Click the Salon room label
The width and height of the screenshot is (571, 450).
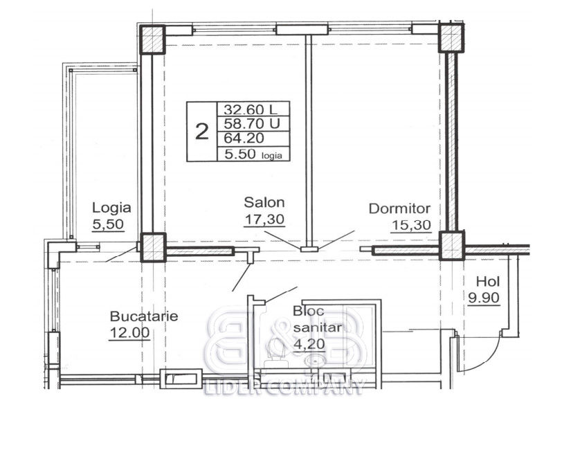(x=264, y=202)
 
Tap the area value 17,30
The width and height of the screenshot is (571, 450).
(x=264, y=219)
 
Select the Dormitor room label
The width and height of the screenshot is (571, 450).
(x=399, y=209)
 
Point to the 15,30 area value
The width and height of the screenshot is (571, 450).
(x=411, y=226)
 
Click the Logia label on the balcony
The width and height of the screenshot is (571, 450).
(x=111, y=208)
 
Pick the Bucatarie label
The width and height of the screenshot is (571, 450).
(x=144, y=316)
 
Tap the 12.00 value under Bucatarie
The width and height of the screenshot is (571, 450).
(x=129, y=332)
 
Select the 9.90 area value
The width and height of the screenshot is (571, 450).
(x=484, y=298)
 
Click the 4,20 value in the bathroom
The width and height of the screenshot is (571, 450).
(x=309, y=344)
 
